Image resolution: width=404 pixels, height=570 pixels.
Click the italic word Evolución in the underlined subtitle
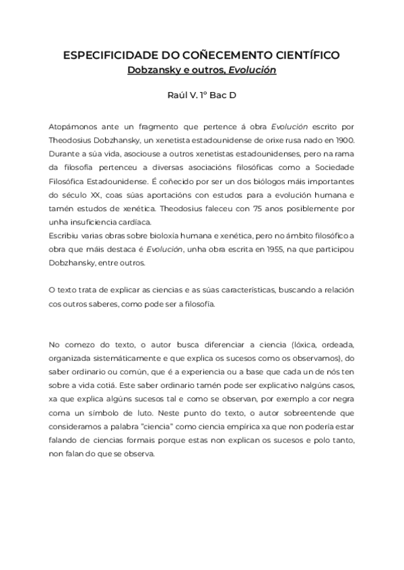[252, 69]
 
